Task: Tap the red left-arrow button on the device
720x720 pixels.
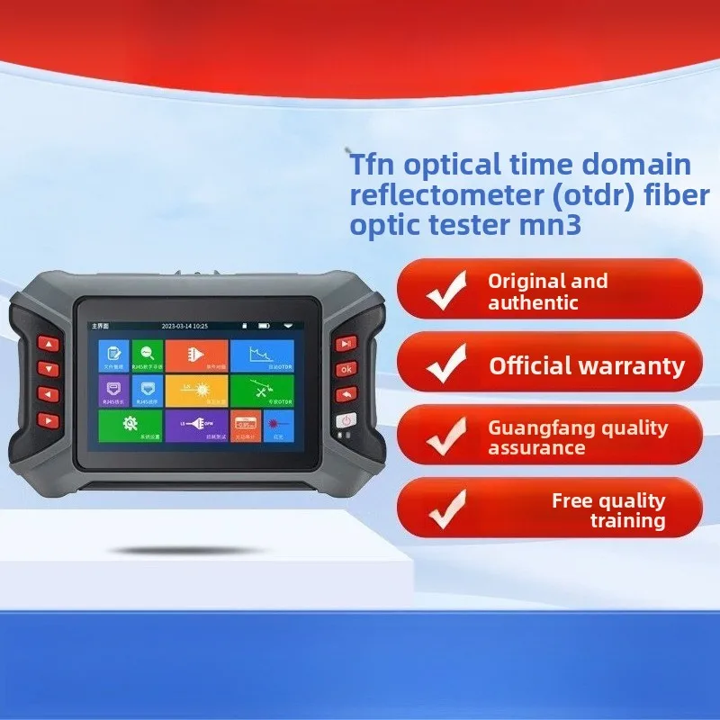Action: click(x=48, y=393)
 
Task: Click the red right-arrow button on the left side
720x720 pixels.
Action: click(x=48, y=418)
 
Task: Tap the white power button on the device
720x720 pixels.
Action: click(x=346, y=420)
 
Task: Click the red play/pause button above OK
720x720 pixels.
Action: click(x=345, y=344)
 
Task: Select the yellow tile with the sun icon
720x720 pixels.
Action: click(x=195, y=390)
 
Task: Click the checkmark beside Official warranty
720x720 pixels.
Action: click(x=445, y=364)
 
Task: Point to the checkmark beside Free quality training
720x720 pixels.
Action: click(x=445, y=508)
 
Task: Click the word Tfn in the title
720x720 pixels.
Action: click(x=368, y=165)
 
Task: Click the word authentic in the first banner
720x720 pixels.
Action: click(x=533, y=302)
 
